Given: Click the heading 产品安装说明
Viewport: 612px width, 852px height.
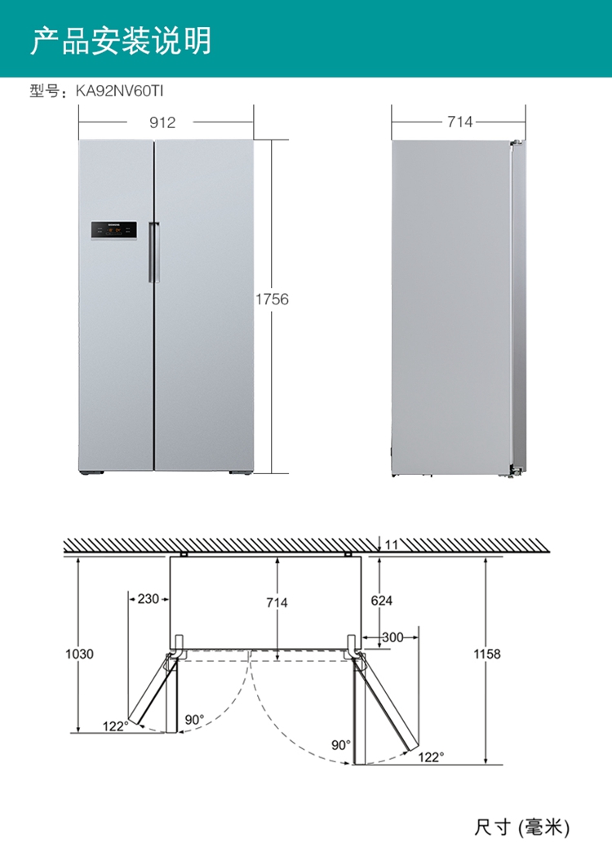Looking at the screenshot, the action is coord(121,40).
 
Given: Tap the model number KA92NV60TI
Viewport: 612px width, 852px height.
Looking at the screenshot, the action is coord(114,92).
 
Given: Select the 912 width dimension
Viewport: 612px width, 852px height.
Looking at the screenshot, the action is coord(162,122).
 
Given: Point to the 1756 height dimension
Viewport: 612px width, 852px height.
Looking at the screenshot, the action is coord(272,300).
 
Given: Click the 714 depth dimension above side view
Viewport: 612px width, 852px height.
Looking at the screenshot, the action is coord(459,122).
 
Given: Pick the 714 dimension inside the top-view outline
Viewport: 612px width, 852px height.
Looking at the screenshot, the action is coord(277,602).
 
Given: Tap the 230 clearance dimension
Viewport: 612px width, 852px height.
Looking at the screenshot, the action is coord(148,599).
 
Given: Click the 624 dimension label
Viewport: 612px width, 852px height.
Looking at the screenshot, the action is coord(381,601).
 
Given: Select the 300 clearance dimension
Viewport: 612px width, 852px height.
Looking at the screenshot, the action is coord(392,637).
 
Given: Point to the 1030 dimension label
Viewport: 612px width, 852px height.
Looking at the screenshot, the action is coord(79,654).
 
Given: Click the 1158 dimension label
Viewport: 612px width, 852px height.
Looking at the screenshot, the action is coord(486,654).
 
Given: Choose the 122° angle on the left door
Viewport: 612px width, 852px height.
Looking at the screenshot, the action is coord(115,726).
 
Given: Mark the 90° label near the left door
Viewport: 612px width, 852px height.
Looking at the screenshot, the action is coord(193,720).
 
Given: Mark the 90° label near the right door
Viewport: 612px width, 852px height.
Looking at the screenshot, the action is coord(340,745).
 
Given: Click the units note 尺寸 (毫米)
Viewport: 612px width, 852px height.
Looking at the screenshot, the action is coord(521,828).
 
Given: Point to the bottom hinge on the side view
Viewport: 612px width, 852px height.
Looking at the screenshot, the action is coord(516,471).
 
